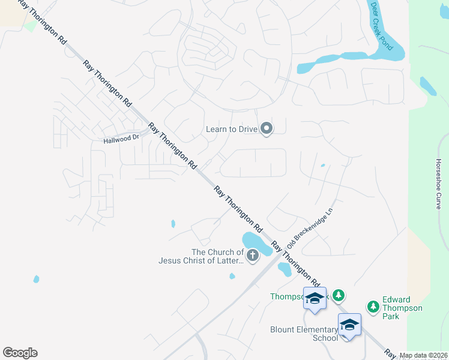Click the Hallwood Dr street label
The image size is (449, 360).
[x=121, y=139]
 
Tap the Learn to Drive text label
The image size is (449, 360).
[x=231, y=128]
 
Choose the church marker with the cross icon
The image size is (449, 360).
[x=253, y=256]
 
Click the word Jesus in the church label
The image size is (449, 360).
[x=170, y=260]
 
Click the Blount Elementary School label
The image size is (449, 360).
[x=304, y=334]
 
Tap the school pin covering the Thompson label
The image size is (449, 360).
[x=315, y=299]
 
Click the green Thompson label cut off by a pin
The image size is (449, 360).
[x=287, y=296]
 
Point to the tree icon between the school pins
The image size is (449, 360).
[x=339, y=295]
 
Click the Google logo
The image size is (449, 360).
[x=20, y=353]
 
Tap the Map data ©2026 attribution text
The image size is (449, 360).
[x=423, y=355]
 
